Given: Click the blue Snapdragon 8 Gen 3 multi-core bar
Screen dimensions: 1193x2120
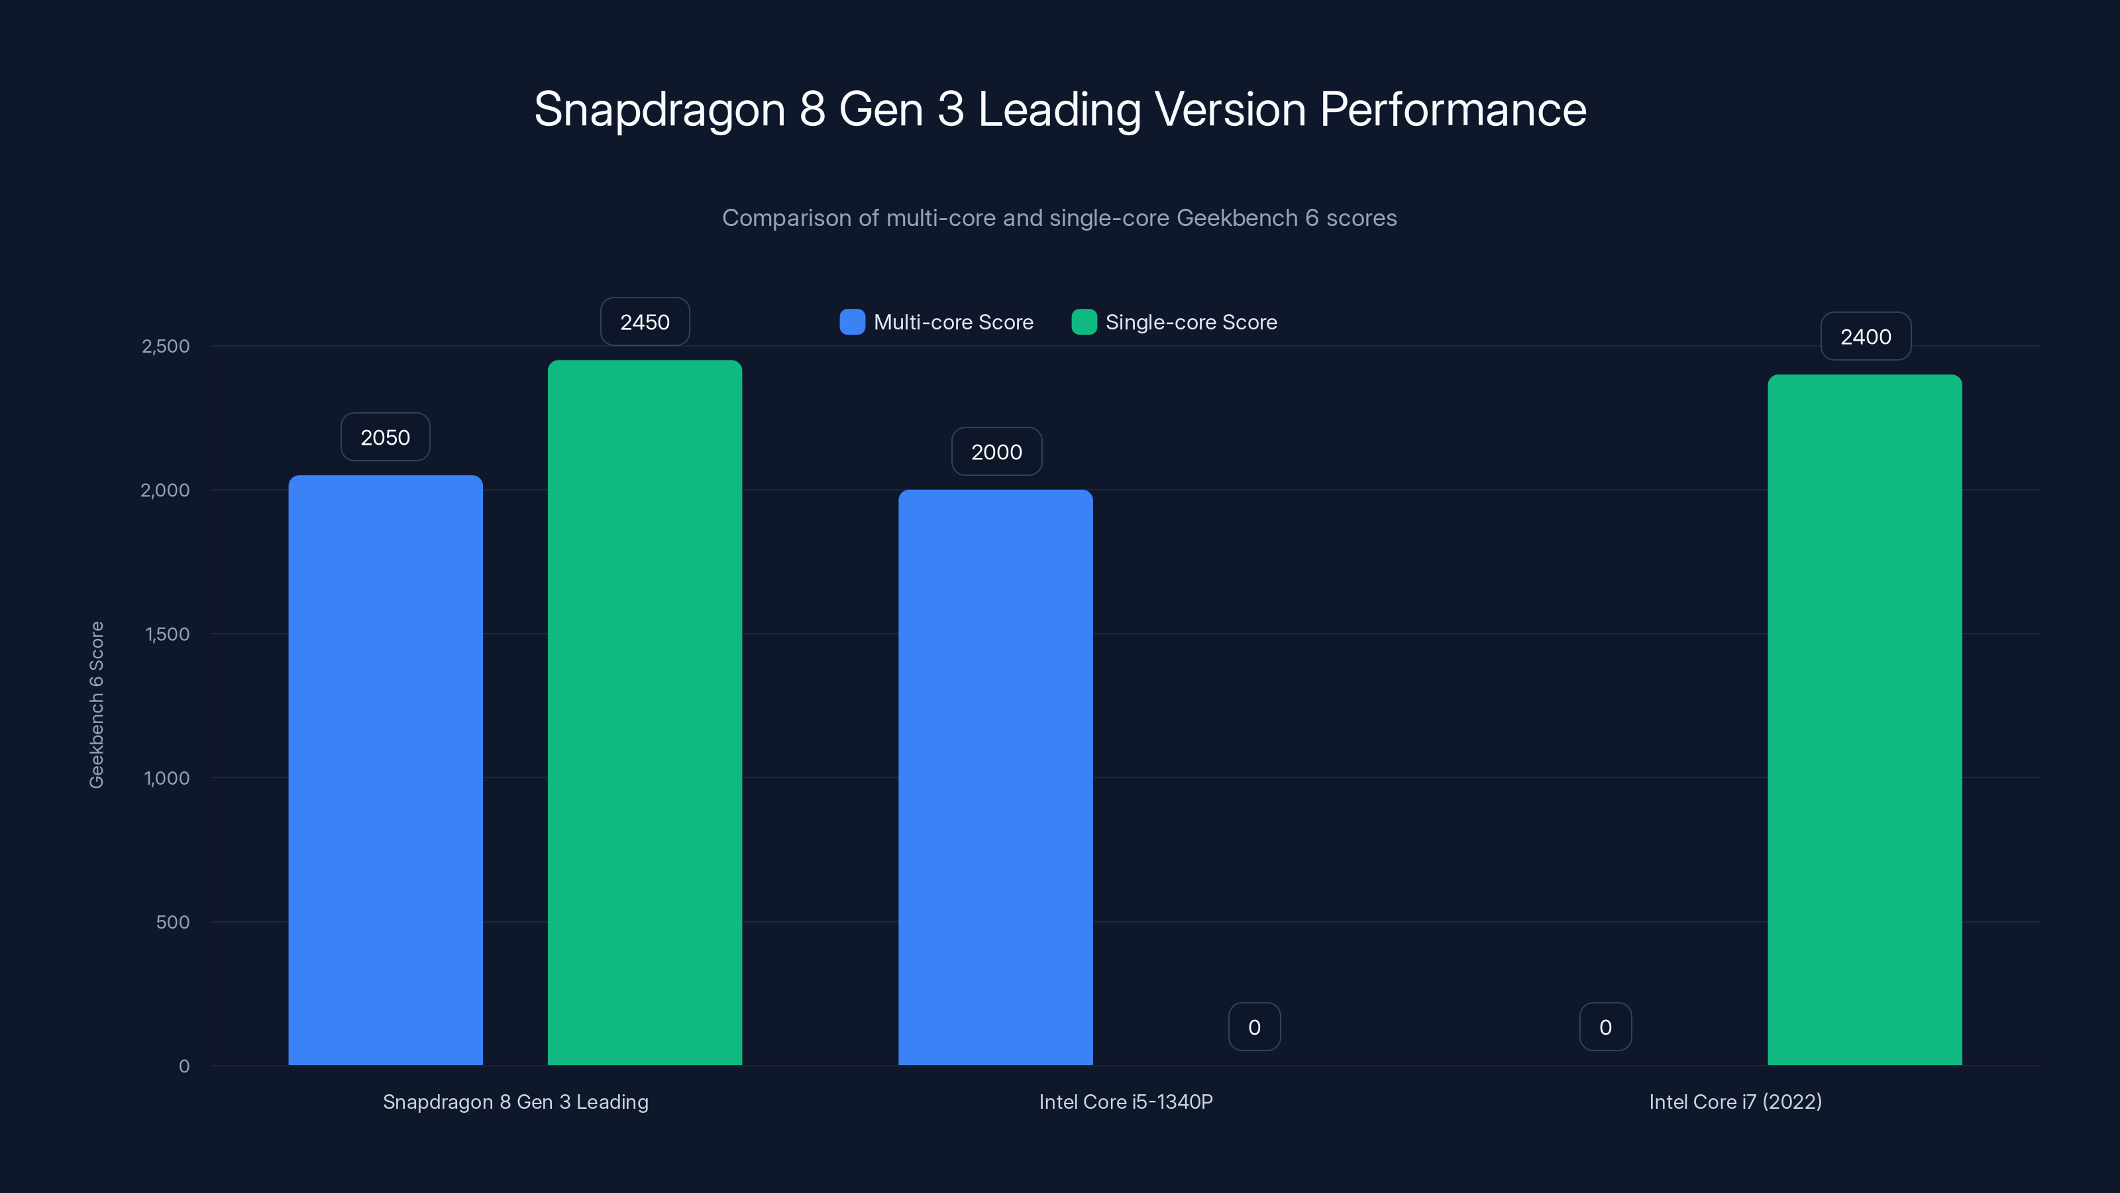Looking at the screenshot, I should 385,769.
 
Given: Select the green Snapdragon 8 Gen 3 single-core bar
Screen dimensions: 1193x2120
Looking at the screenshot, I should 645,712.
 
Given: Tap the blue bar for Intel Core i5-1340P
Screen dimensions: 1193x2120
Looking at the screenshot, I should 995,777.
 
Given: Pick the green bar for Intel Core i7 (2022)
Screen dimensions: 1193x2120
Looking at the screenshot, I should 1864,720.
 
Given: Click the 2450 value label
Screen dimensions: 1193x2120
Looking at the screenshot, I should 645,322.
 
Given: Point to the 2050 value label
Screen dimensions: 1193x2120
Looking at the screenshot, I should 385,437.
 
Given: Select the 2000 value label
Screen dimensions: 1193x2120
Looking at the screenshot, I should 996,452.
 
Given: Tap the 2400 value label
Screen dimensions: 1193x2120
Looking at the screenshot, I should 1865,337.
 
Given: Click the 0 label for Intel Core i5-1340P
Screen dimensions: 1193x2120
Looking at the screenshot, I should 1253,1027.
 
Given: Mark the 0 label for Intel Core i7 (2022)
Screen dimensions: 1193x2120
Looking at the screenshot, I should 1605,1027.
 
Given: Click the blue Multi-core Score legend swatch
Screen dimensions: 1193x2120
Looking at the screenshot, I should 852,322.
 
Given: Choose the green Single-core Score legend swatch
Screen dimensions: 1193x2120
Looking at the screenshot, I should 1083,322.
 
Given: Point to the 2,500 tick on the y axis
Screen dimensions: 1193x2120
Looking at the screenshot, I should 166,346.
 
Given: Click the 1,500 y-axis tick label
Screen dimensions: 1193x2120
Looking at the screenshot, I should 167,634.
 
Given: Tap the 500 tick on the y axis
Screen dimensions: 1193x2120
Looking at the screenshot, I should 172,922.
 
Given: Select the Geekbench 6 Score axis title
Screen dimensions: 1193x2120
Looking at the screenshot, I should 96,705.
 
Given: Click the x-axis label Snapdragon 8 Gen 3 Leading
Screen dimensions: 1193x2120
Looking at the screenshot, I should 515,1102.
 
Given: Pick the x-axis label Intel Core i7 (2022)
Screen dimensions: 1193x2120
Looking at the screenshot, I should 1735,1102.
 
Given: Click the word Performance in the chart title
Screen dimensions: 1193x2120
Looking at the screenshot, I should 1453,109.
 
